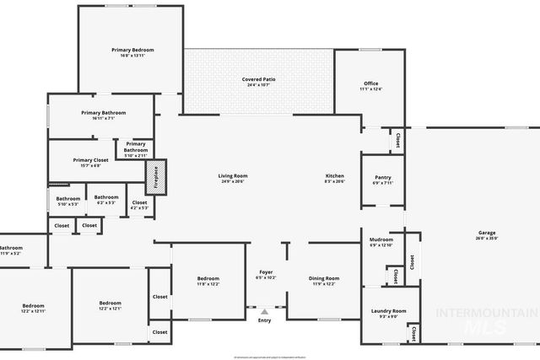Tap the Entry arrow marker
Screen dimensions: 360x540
[264, 312]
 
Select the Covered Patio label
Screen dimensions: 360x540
[259, 82]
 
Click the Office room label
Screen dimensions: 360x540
[370, 86]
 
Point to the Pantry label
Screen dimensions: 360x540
[382, 180]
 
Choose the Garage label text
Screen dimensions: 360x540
[487, 235]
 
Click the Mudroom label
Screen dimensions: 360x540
[381, 242]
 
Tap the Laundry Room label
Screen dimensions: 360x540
[388, 313]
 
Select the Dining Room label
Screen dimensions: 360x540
[324, 281]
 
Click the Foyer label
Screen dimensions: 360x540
[265, 275]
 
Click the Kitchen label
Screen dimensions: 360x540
[335, 178]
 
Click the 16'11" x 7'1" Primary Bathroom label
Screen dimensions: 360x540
[104, 116]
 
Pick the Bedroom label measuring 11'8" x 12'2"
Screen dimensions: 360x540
[208, 281]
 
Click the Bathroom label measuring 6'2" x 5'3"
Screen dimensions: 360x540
[106, 200]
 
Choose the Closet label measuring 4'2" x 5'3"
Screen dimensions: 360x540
[139, 205]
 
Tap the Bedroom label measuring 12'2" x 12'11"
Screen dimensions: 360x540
[34, 308]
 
